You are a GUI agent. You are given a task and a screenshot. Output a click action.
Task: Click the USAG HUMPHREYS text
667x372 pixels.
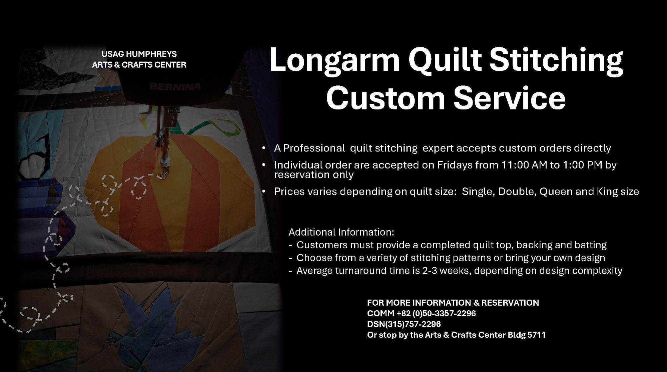[x=139, y=54]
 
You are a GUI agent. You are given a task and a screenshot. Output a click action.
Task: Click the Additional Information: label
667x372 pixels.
[x=341, y=232]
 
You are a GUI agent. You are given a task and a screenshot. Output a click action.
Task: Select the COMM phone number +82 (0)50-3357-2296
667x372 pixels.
[x=436, y=313]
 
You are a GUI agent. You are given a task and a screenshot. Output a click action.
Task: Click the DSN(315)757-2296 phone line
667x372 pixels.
[x=404, y=324]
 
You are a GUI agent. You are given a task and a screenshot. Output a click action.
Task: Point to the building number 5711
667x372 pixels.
[x=537, y=335]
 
